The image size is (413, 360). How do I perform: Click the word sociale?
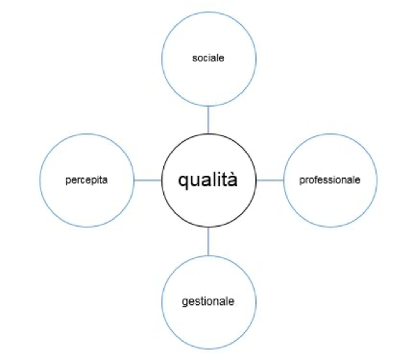[x=208, y=58]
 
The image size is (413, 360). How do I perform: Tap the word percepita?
[x=87, y=181]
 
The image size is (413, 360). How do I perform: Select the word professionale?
[x=330, y=180]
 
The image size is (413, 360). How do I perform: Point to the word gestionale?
[x=208, y=302]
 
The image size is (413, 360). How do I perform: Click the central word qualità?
[x=208, y=180]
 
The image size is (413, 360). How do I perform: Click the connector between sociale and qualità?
[x=209, y=120]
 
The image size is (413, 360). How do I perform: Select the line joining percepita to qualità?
[x=148, y=181]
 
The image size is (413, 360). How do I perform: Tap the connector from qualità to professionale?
[x=270, y=181]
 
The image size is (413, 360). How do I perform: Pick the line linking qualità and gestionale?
[x=209, y=241]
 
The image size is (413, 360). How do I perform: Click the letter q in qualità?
[x=183, y=182]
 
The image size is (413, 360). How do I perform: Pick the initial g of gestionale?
[x=185, y=303]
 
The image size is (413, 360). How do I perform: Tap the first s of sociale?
[x=195, y=59]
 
